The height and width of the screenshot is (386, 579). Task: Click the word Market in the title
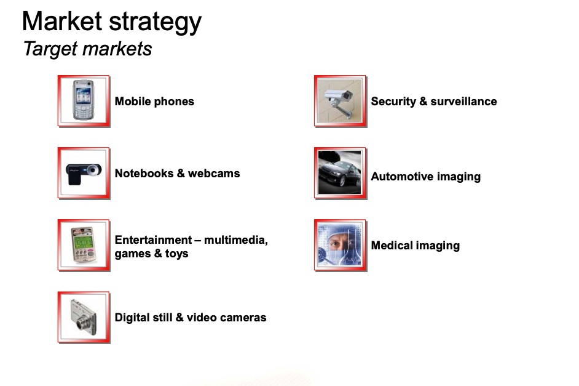[62, 21]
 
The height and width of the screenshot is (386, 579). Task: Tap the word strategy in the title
[156, 23]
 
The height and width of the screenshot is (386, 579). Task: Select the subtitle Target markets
[87, 49]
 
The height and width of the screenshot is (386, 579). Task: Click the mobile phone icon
[84, 101]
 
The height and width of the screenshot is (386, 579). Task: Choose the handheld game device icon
[84, 245]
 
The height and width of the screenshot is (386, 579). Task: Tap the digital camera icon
[84, 317]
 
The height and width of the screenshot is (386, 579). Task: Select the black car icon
[340, 173]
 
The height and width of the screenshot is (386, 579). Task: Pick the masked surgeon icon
[340, 245]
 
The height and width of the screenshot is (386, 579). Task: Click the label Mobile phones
[154, 102]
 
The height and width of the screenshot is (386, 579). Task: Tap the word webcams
[214, 174]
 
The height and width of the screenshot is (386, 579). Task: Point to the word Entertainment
[153, 240]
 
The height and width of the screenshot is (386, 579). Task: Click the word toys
[176, 254]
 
